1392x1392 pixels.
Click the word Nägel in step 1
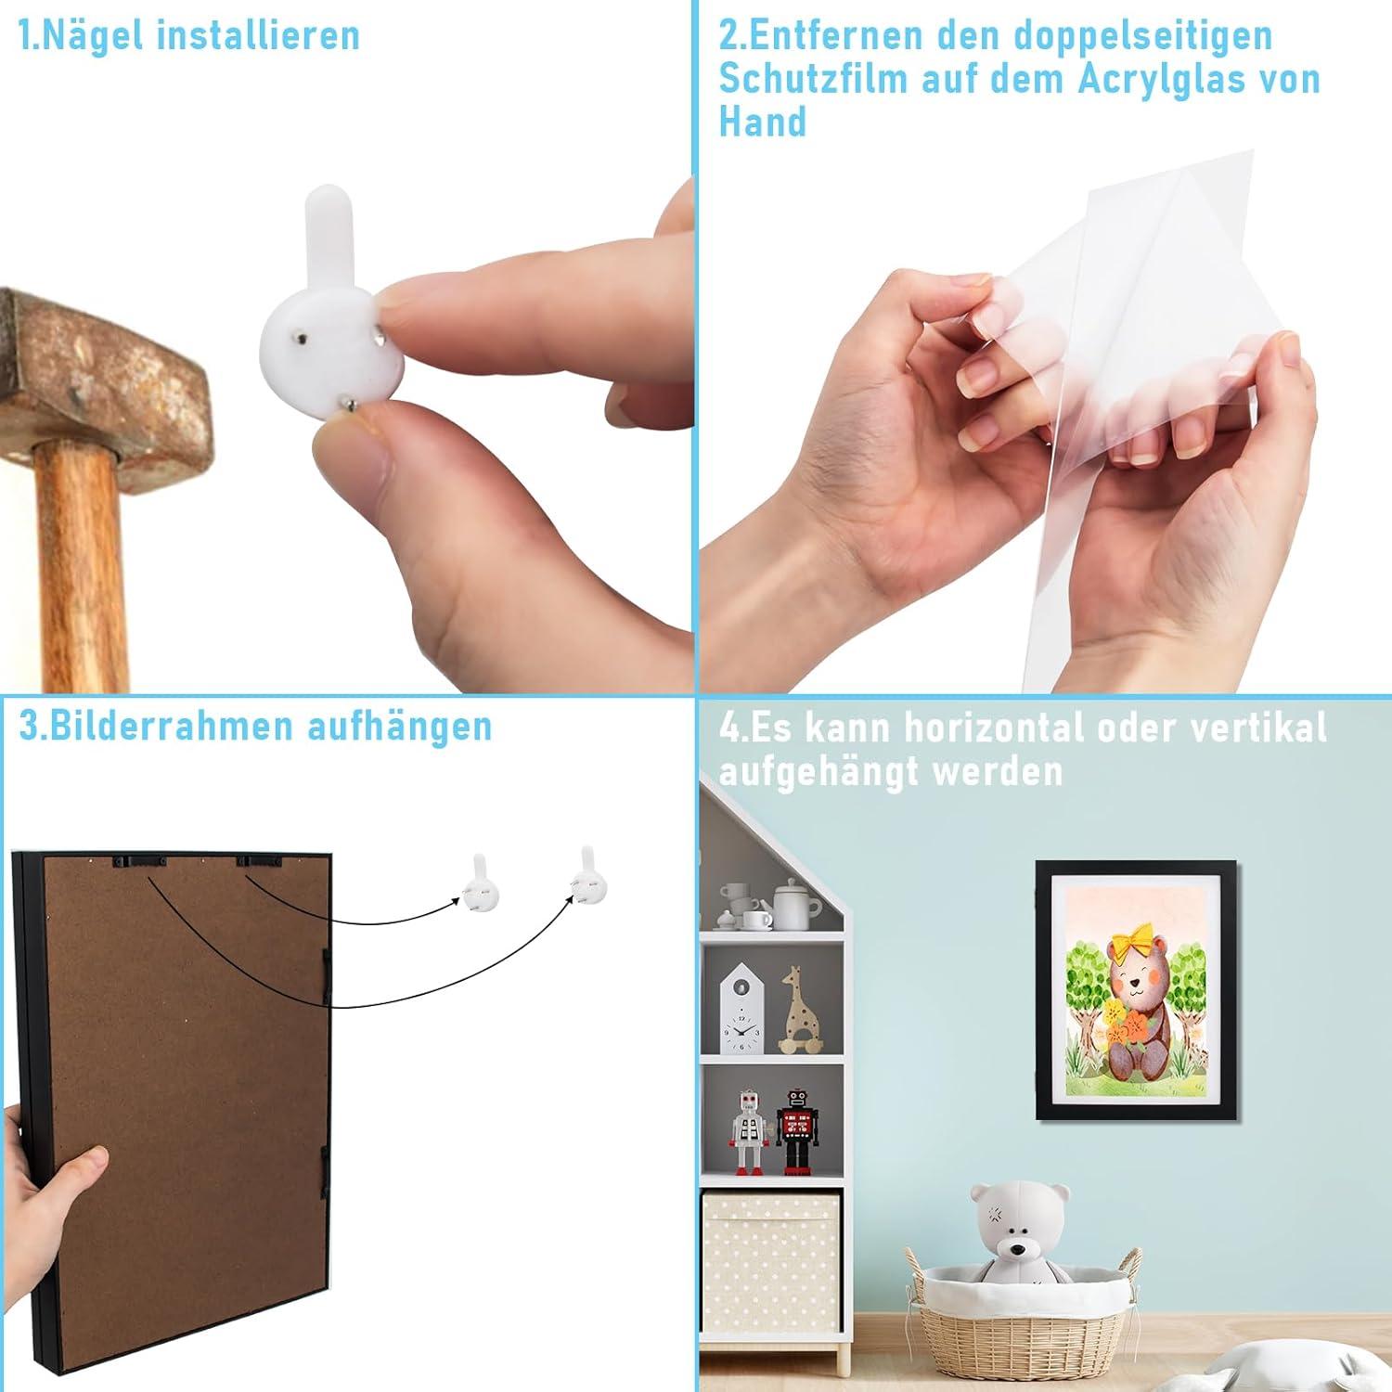(97, 37)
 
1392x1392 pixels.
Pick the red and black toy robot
(794, 1131)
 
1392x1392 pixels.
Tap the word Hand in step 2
(763, 122)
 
